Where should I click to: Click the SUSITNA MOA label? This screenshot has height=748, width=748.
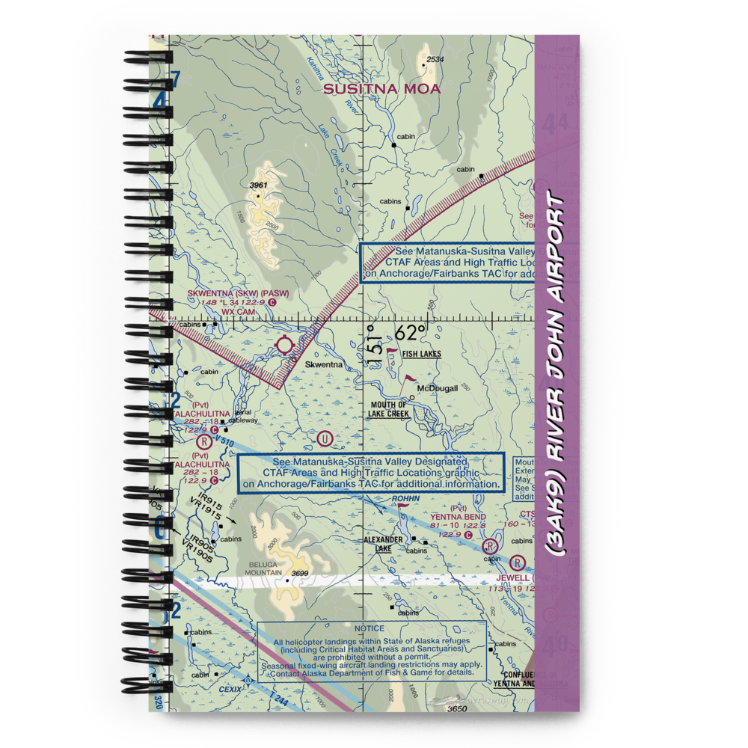click(x=382, y=89)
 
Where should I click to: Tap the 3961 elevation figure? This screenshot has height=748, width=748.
click(x=258, y=186)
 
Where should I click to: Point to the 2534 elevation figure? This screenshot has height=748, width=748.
click(x=435, y=59)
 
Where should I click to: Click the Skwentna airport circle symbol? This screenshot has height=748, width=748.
click(x=285, y=345)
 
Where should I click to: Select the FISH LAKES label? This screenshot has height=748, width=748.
click(x=421, y=354)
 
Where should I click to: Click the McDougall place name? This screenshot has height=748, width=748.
click(x=438, y=388)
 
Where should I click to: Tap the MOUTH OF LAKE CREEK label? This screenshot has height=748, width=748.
click(x=388, y=409)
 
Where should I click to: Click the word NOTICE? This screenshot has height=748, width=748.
click(x=370, y=628)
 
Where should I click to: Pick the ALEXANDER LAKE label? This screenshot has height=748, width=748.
click(x=383, y=544)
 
